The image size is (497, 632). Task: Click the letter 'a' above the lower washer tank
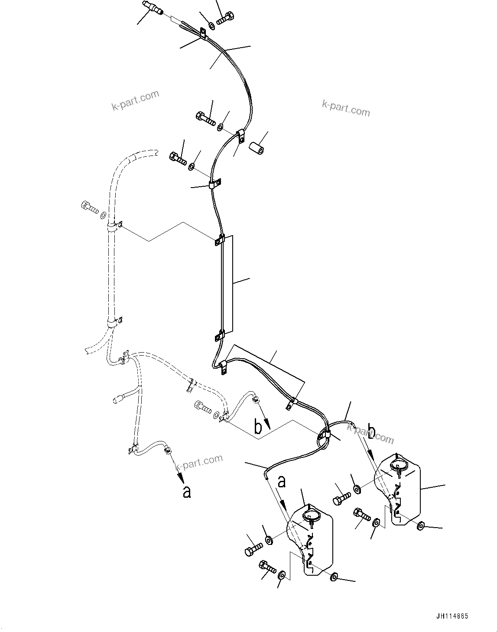point(282,482)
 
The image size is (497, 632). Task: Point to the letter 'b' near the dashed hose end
point(258,428)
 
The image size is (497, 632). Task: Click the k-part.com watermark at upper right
point(346,108)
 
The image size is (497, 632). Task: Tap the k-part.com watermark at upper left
point(135,100)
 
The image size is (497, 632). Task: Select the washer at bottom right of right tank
point(421,526)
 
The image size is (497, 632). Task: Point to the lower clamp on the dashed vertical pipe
point(114,322)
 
